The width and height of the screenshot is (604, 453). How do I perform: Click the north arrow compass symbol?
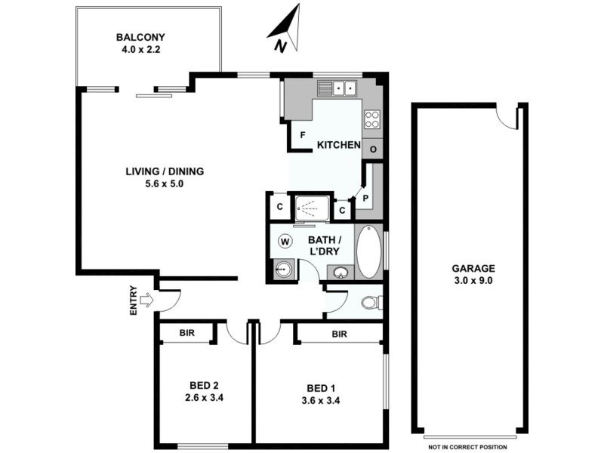tap(285, 30)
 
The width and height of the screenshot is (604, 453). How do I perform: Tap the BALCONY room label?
tap(140, 37)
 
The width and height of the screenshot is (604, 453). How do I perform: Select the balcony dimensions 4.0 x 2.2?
tap(140, 50)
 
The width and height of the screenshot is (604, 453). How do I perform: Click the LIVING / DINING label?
tap(165, 171)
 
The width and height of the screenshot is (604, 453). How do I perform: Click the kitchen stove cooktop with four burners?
tap(372, 119)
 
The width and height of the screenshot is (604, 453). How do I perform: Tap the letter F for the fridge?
tap(302, 136)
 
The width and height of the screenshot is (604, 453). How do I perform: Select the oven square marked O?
tap(373, 149)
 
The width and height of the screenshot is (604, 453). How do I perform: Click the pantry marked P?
tap(365, 199)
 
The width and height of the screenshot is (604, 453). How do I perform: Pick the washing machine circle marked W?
tap(285, 242)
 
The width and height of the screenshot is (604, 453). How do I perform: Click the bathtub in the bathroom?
tap(369, 251)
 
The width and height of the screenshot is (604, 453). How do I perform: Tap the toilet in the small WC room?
tap(369, 303)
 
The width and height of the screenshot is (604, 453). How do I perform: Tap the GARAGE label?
tap(473, 268)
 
